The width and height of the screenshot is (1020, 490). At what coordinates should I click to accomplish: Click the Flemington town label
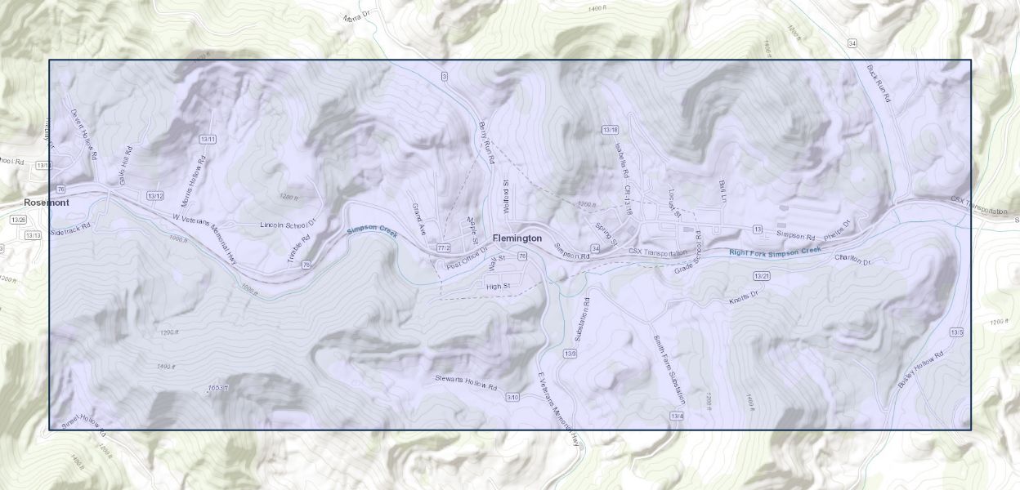click(517, 238)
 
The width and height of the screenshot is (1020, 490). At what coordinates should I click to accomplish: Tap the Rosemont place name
click(47, 203)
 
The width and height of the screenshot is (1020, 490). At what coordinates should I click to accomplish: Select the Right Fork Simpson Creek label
click(774, 252)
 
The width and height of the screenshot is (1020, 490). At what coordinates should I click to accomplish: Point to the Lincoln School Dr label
click(288, 224)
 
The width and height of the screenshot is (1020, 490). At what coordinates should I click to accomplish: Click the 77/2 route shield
click(444, 247)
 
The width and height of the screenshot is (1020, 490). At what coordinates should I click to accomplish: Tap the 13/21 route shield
click(762, 276)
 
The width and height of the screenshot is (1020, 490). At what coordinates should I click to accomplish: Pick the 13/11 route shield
click(208, 140)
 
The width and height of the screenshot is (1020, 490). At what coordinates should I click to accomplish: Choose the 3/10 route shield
click(512, 397)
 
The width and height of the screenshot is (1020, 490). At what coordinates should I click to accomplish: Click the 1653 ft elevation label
click(217, 387)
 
